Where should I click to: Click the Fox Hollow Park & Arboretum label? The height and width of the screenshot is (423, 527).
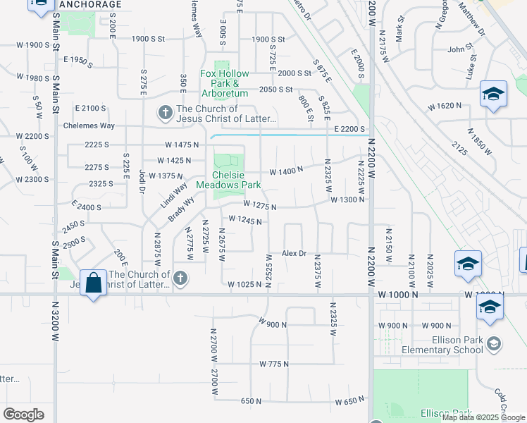(225, 83)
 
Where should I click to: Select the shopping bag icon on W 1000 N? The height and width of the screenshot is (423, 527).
(94, 284)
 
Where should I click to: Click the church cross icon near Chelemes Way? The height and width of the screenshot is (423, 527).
(165, 113)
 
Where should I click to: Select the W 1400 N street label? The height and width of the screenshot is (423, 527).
(286, 170)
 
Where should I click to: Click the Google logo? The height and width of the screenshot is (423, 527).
(23, 414)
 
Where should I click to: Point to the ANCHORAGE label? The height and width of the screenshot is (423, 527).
(90, 4)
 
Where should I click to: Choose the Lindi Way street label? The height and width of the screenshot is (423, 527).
(173, 195)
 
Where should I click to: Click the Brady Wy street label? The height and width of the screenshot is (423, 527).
(182, 209)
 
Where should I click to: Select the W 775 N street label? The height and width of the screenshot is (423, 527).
(274, 364)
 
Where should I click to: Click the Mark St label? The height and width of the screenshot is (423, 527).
(399, 29)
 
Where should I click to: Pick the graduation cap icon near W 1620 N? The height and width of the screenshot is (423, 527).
(493, 94)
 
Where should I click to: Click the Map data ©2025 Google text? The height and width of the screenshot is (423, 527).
(483, 417)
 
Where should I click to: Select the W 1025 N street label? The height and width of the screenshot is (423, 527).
(245, 284)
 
